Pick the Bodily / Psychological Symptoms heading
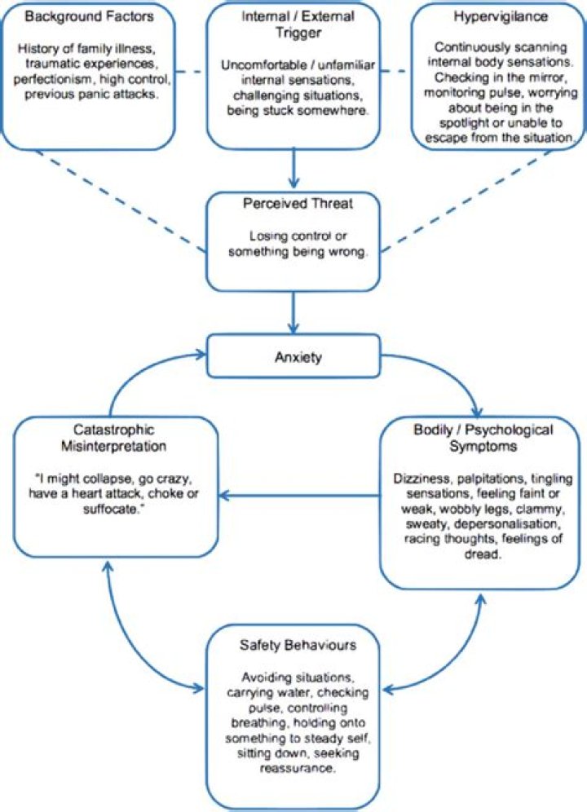(483, 437)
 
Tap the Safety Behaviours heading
(293, 645)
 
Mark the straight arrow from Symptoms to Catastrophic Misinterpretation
(302, 493)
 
